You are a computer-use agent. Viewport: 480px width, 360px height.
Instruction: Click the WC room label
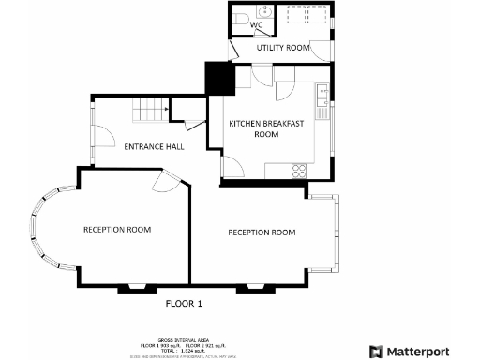255,25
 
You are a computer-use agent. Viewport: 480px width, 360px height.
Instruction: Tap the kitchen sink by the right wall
322,92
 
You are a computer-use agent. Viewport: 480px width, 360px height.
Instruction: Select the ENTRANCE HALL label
154,146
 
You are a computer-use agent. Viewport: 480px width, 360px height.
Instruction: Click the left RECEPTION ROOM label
117,229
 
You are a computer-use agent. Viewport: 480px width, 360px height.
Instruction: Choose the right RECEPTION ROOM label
262,232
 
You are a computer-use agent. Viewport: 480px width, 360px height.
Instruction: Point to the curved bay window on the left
37,229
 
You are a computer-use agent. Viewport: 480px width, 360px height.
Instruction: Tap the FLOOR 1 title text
184,304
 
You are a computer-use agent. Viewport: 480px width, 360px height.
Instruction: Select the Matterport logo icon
376,351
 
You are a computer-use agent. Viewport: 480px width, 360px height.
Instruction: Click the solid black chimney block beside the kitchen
218,78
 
